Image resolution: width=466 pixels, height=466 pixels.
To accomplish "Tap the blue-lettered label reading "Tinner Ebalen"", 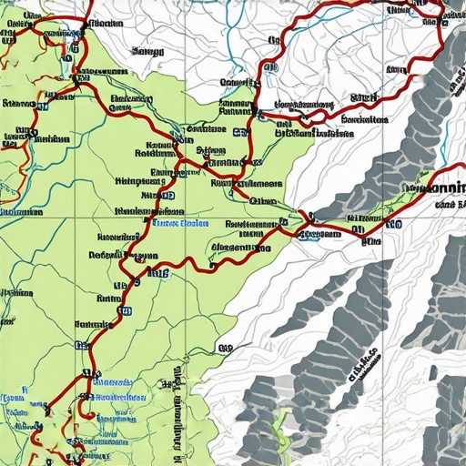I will (180, 223).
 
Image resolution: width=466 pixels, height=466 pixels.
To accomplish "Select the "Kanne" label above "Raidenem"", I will (160, 144).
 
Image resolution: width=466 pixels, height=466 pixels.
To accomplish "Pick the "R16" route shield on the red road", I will (157, 270).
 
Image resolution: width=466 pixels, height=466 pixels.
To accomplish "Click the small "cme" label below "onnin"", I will (445, 206).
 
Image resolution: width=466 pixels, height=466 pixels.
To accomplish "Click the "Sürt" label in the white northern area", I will (364, 96).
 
